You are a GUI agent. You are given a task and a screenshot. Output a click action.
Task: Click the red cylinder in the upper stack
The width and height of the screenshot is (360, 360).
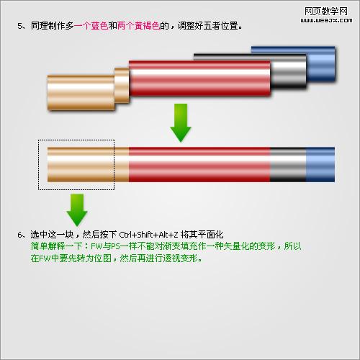[199, 78]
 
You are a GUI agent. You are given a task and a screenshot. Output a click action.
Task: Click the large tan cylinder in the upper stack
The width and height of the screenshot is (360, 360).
[81, 93]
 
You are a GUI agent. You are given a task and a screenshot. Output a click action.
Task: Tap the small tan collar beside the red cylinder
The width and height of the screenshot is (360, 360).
[122, 86]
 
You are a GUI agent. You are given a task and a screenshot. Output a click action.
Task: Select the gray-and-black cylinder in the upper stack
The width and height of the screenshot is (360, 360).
[289, 71]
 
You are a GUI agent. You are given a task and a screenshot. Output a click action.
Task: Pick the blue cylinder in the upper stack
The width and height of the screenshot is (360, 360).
[321, 63]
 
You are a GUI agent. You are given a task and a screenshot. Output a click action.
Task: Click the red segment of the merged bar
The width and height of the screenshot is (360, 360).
[199, 164]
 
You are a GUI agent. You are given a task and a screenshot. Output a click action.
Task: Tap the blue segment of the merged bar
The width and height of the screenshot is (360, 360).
[320, 164]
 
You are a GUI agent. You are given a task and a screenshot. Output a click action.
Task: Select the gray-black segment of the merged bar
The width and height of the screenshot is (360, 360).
[288, 164]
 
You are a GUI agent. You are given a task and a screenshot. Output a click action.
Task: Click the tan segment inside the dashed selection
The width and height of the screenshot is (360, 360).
[81, 164]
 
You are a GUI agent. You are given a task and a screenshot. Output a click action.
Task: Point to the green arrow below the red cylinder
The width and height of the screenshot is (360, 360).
[181, 122]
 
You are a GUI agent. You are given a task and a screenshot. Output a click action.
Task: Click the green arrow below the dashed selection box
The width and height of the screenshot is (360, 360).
[77, 210]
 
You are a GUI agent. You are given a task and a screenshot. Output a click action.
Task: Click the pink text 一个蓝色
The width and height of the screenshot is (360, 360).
[91, 26]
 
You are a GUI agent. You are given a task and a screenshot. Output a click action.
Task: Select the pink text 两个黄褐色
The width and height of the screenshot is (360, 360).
[138, 26]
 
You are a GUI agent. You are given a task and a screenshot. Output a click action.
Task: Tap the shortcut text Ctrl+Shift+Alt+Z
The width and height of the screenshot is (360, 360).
[149, 235]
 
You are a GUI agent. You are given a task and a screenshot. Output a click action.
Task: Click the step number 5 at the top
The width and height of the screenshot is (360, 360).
[19, 26]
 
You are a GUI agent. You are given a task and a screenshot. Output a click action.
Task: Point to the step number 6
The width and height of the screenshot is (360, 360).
[19, 235]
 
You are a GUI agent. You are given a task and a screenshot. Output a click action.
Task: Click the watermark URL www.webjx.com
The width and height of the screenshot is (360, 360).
[326, 20]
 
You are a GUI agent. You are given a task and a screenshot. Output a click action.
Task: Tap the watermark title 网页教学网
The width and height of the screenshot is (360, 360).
[326, 11]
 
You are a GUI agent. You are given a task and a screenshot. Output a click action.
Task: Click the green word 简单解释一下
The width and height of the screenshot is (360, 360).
[56, 246]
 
